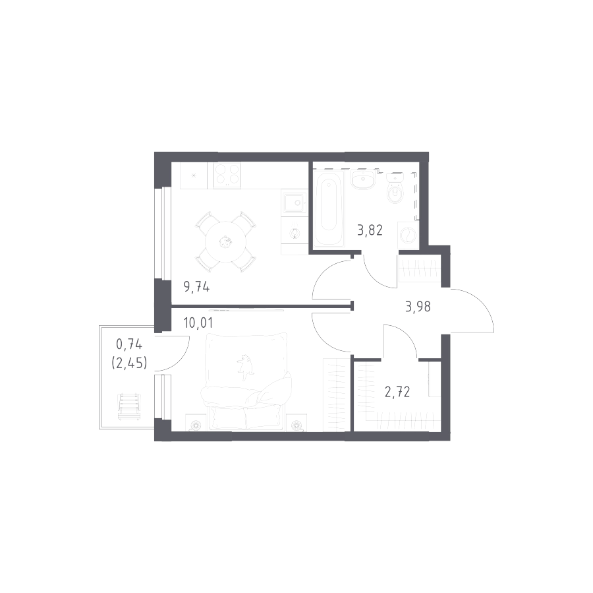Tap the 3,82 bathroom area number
point(369,230)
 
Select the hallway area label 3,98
point(419,308)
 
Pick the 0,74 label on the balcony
point(129,344)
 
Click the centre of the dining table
point(224,241)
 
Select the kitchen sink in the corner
point(195,175)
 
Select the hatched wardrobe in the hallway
point(418,270)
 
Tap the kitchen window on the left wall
point(161,234)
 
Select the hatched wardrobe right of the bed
point(335,392)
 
